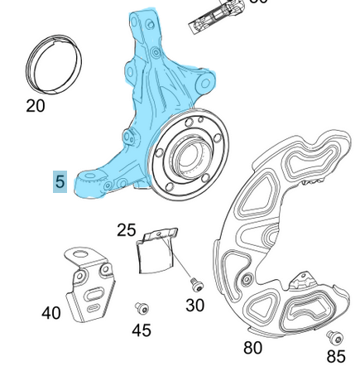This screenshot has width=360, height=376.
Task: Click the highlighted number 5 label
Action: [60, 181]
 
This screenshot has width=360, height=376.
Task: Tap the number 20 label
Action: [36, 106]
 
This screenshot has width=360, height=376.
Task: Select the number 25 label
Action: [126, 229]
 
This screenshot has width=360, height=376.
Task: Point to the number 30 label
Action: [194, 306]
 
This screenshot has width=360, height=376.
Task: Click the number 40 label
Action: [51, 314]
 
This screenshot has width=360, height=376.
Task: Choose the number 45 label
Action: [142, 330]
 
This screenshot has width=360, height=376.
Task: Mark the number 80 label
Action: [253, 348]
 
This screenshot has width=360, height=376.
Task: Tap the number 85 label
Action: [335, 357]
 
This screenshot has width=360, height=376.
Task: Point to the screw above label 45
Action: [142, 309]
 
